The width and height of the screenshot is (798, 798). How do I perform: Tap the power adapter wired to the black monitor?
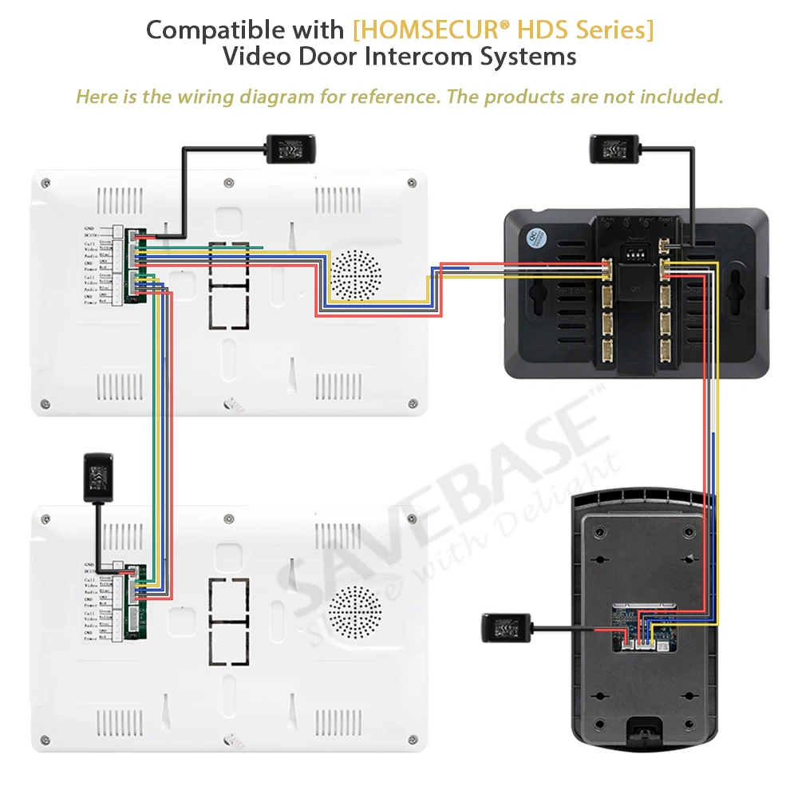(614, 148)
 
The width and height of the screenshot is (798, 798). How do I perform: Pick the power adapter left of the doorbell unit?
(507, 629)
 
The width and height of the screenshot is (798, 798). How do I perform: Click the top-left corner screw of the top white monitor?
(47, 183)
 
